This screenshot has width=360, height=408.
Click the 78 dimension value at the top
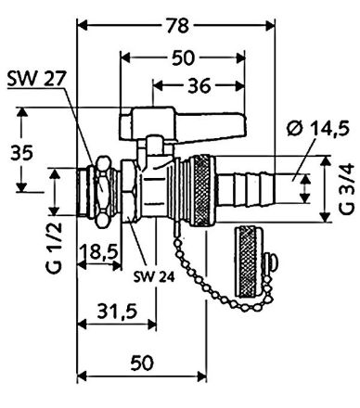point(178,25)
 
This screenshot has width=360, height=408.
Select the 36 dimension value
point(199,85)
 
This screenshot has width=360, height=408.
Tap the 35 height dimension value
point(21,153)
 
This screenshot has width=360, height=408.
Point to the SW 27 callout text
point(36,80)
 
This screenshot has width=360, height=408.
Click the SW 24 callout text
point(154,277)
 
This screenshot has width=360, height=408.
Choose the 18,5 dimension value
point(99,252)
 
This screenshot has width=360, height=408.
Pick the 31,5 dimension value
point(118,312)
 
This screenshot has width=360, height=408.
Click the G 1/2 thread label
point(55,248)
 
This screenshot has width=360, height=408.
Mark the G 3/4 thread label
point(346,189)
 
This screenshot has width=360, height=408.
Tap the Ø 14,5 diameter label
point(318,128)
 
